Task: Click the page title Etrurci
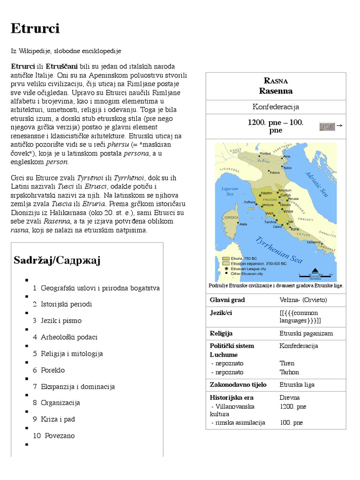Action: click(x=36, y=29)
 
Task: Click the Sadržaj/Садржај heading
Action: click(x=57, y=260)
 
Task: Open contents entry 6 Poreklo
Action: click(x=49, y=370)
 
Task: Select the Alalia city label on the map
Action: click(x=243, y=225)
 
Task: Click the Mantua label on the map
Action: click(x=265, y=153)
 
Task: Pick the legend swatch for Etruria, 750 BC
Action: click(x=226, y=258)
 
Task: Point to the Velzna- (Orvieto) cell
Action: click(x=303, y=300)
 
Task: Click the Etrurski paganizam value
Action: click(x=306, y=333)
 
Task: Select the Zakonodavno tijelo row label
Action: click(x=238, y=384)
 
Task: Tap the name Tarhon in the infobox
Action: click(x=289, y=372)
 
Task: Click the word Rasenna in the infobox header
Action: click(x=276, y=90)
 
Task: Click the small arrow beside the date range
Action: click(x=339, y=125)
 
